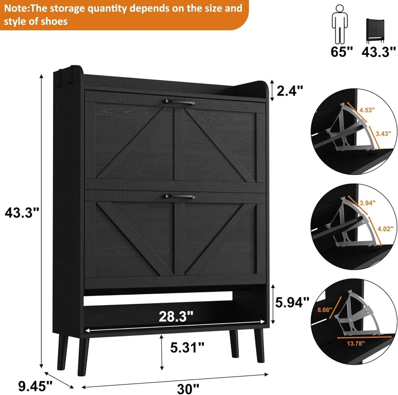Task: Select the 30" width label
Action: pos(188,388)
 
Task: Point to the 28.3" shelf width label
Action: pos(176,316)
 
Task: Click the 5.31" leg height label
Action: pos(187,347)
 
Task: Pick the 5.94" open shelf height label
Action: pos(292,302)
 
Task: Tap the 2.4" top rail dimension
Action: pos(290,90)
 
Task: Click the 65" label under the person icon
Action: pos(342,52)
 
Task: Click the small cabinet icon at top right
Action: pos(375,30)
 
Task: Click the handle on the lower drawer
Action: pos(179,196)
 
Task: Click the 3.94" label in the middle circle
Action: pos(367,203)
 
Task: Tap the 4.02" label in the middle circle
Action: pos(385,228)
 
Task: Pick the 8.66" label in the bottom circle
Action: pos(324,310)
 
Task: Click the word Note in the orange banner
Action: pos(15,8)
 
